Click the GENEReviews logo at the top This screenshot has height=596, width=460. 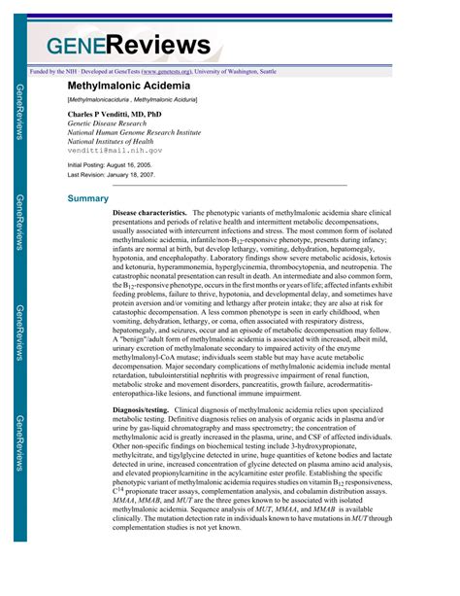click(x=126, y=44)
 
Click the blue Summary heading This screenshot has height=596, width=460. click(x=87, y=198)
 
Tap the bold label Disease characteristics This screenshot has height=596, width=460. click(x=148, y=212)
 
